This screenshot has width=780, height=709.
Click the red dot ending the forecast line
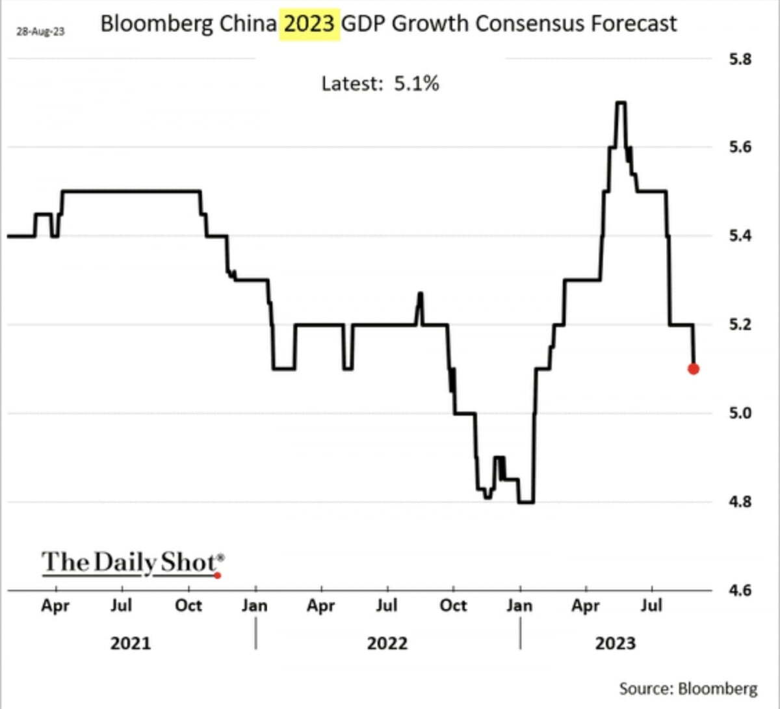point(693,368)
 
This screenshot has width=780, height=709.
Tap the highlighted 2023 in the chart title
point(310,23)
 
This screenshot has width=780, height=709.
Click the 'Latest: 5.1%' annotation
point(380,83)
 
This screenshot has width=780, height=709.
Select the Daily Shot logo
point(133,561)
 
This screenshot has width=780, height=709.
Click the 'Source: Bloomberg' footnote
point(688,688)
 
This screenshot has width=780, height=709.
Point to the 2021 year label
point(130,643)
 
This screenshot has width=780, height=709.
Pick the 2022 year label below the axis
point(387,643)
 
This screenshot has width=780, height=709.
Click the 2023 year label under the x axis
point(615,643)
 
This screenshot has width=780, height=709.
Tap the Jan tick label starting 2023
point(519,606)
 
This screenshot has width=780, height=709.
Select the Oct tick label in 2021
point(188,606)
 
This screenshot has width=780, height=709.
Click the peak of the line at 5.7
point(620,103)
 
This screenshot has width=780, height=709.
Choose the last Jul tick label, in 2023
point(651,606)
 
